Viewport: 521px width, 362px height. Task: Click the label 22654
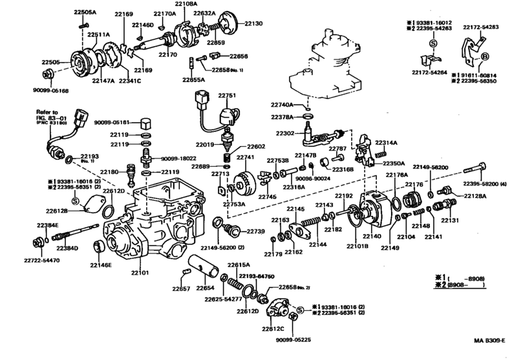(x=205, y=288)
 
